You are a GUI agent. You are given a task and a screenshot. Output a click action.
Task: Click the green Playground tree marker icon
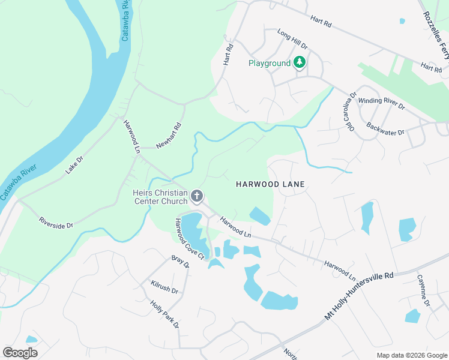pos(299,62)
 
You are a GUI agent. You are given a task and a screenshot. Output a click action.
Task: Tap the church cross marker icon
pos(196,196)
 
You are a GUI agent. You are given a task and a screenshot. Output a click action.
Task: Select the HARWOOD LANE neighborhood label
pos(270,184)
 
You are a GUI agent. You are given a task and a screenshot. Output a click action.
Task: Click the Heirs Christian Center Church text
pos(160,197)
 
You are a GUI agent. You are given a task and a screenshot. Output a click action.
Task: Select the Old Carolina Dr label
pos(349,111)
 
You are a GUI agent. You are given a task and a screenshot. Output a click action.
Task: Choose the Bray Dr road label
pos(180,262)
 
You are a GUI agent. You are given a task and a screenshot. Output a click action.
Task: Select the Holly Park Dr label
pos(165,314)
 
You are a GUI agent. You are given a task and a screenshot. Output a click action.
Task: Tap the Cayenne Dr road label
pos(424,290)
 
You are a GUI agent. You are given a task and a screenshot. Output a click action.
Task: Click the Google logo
pos(20,352)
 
